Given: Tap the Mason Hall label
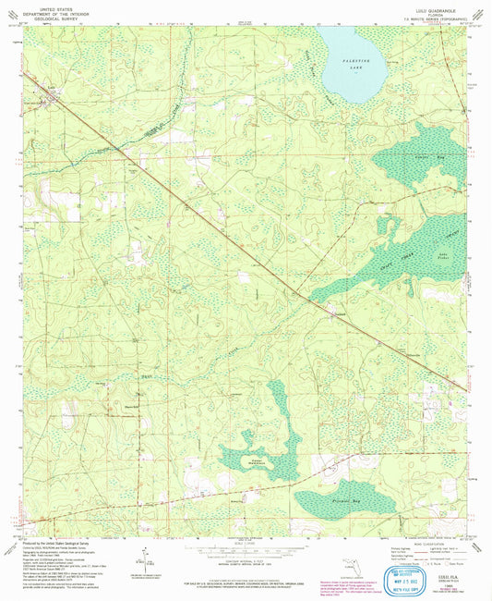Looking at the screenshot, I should point(132,405).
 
